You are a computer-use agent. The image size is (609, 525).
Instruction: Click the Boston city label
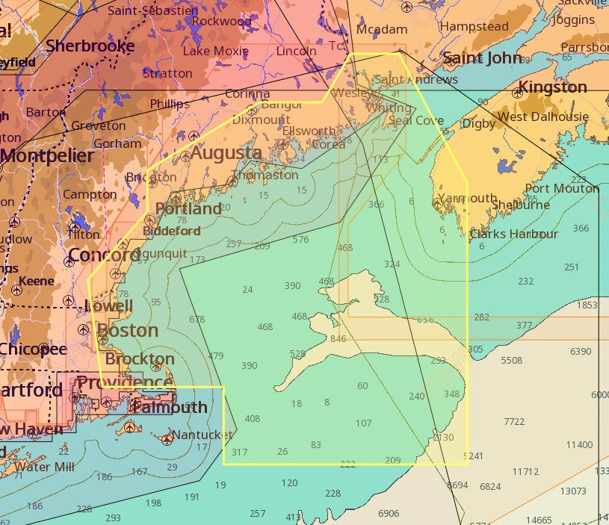coord(128,330)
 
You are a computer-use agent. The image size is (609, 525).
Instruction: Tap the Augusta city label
coord(226,153)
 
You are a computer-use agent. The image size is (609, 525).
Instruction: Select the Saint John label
coord(483,58)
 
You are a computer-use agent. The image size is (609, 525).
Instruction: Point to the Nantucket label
coord(202,435)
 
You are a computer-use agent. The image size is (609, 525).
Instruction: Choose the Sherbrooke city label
coord(90,46)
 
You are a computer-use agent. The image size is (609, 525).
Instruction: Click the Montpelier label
coord(47,156)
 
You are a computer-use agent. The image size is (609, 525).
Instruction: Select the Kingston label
coord(552,87)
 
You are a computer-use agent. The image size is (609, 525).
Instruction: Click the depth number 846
coord(338,339)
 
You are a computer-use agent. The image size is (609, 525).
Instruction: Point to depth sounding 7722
coord(514,422)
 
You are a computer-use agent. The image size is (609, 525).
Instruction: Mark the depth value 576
coord(300,240)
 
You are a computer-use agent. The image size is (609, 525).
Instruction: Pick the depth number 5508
coord(511,361)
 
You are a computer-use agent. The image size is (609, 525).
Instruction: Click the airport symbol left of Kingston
coord(517,93)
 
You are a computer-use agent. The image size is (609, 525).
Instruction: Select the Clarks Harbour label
coord(513,234)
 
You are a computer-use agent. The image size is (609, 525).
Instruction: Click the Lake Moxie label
coord(215,51)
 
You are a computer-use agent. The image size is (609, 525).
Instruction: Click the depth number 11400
coord(579,445)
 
